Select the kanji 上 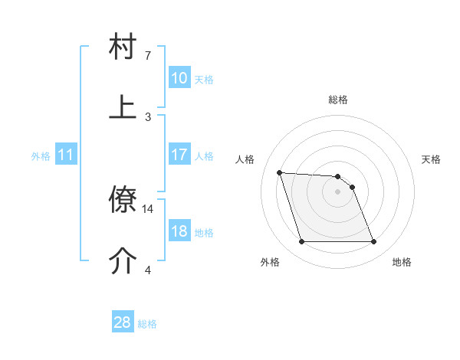(x=123, y=107)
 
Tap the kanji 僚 (x=123, y=201)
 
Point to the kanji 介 (x=123, y=261)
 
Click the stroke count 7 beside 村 (x=148, y=56)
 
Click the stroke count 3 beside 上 (x=148, y=116)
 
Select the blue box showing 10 (x=179, y=77)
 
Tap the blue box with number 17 (x=179, y=155)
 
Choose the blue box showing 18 (x=179, y=231)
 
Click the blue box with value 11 (x=66, y=155)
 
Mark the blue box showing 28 (x=123, y=322)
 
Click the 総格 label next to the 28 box (x=147, y=324)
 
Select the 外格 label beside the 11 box (x=41, y=156)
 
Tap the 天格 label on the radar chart (x=432, y=159)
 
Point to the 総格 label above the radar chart (x=338, y=100)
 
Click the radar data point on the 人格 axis (x=279, y=172)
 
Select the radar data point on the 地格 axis (x=373, y=242)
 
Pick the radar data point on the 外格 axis (x=301, y=242)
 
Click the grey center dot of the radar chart (x=338, y=192)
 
